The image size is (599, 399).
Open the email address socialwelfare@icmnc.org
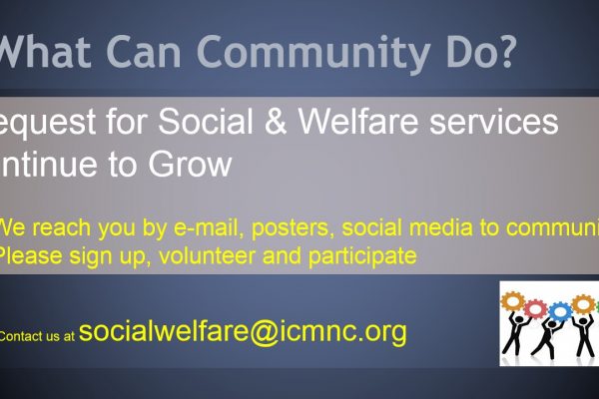pos(243,331)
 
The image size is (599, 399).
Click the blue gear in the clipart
pos(559,312)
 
